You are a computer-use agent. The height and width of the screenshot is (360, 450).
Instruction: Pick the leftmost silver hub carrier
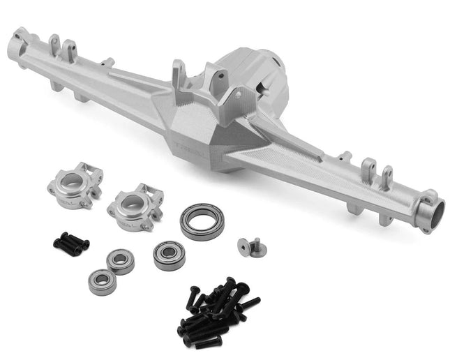click(x=75, y=186)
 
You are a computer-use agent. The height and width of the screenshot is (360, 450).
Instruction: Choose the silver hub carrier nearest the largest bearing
click(x=135, y=208)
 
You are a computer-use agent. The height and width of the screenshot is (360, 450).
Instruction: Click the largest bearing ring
click(x=202, y=221)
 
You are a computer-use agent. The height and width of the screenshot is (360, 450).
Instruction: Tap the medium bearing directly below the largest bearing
click(x=170, y=255)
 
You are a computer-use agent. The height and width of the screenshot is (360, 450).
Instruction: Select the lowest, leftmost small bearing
click(x=103, y=282)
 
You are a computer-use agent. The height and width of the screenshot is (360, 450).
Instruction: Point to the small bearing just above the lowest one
click(x=120, y=262)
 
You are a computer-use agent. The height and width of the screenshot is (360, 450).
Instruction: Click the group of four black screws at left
click(x=71, y=243)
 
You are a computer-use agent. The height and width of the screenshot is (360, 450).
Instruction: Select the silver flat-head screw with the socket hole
click(x=245, y=246)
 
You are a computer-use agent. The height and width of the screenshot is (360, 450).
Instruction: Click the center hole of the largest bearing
click(x=202, y=221)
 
